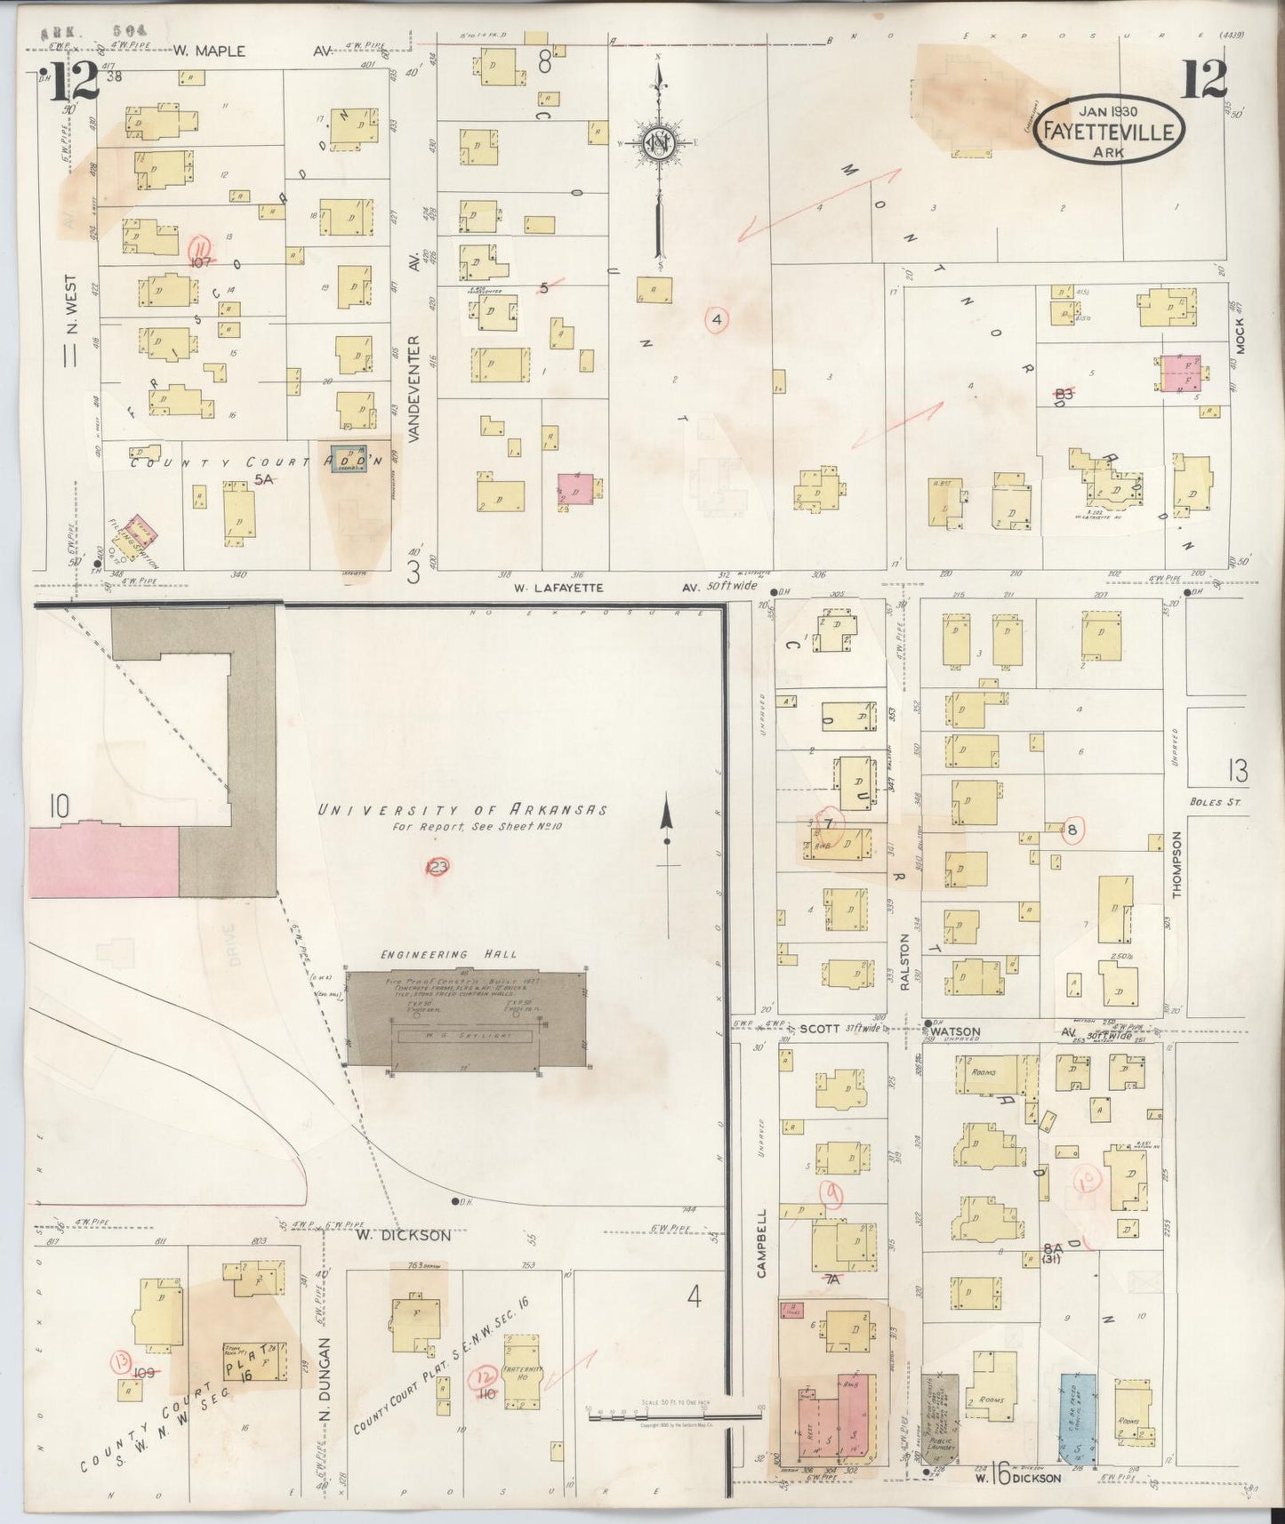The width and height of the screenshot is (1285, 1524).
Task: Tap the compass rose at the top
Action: (659, 143)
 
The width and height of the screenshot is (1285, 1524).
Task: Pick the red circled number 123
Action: (438, 867)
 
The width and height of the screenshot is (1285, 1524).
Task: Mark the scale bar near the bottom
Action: (676, 1411)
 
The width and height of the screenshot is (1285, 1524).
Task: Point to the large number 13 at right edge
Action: (1236, 770)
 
